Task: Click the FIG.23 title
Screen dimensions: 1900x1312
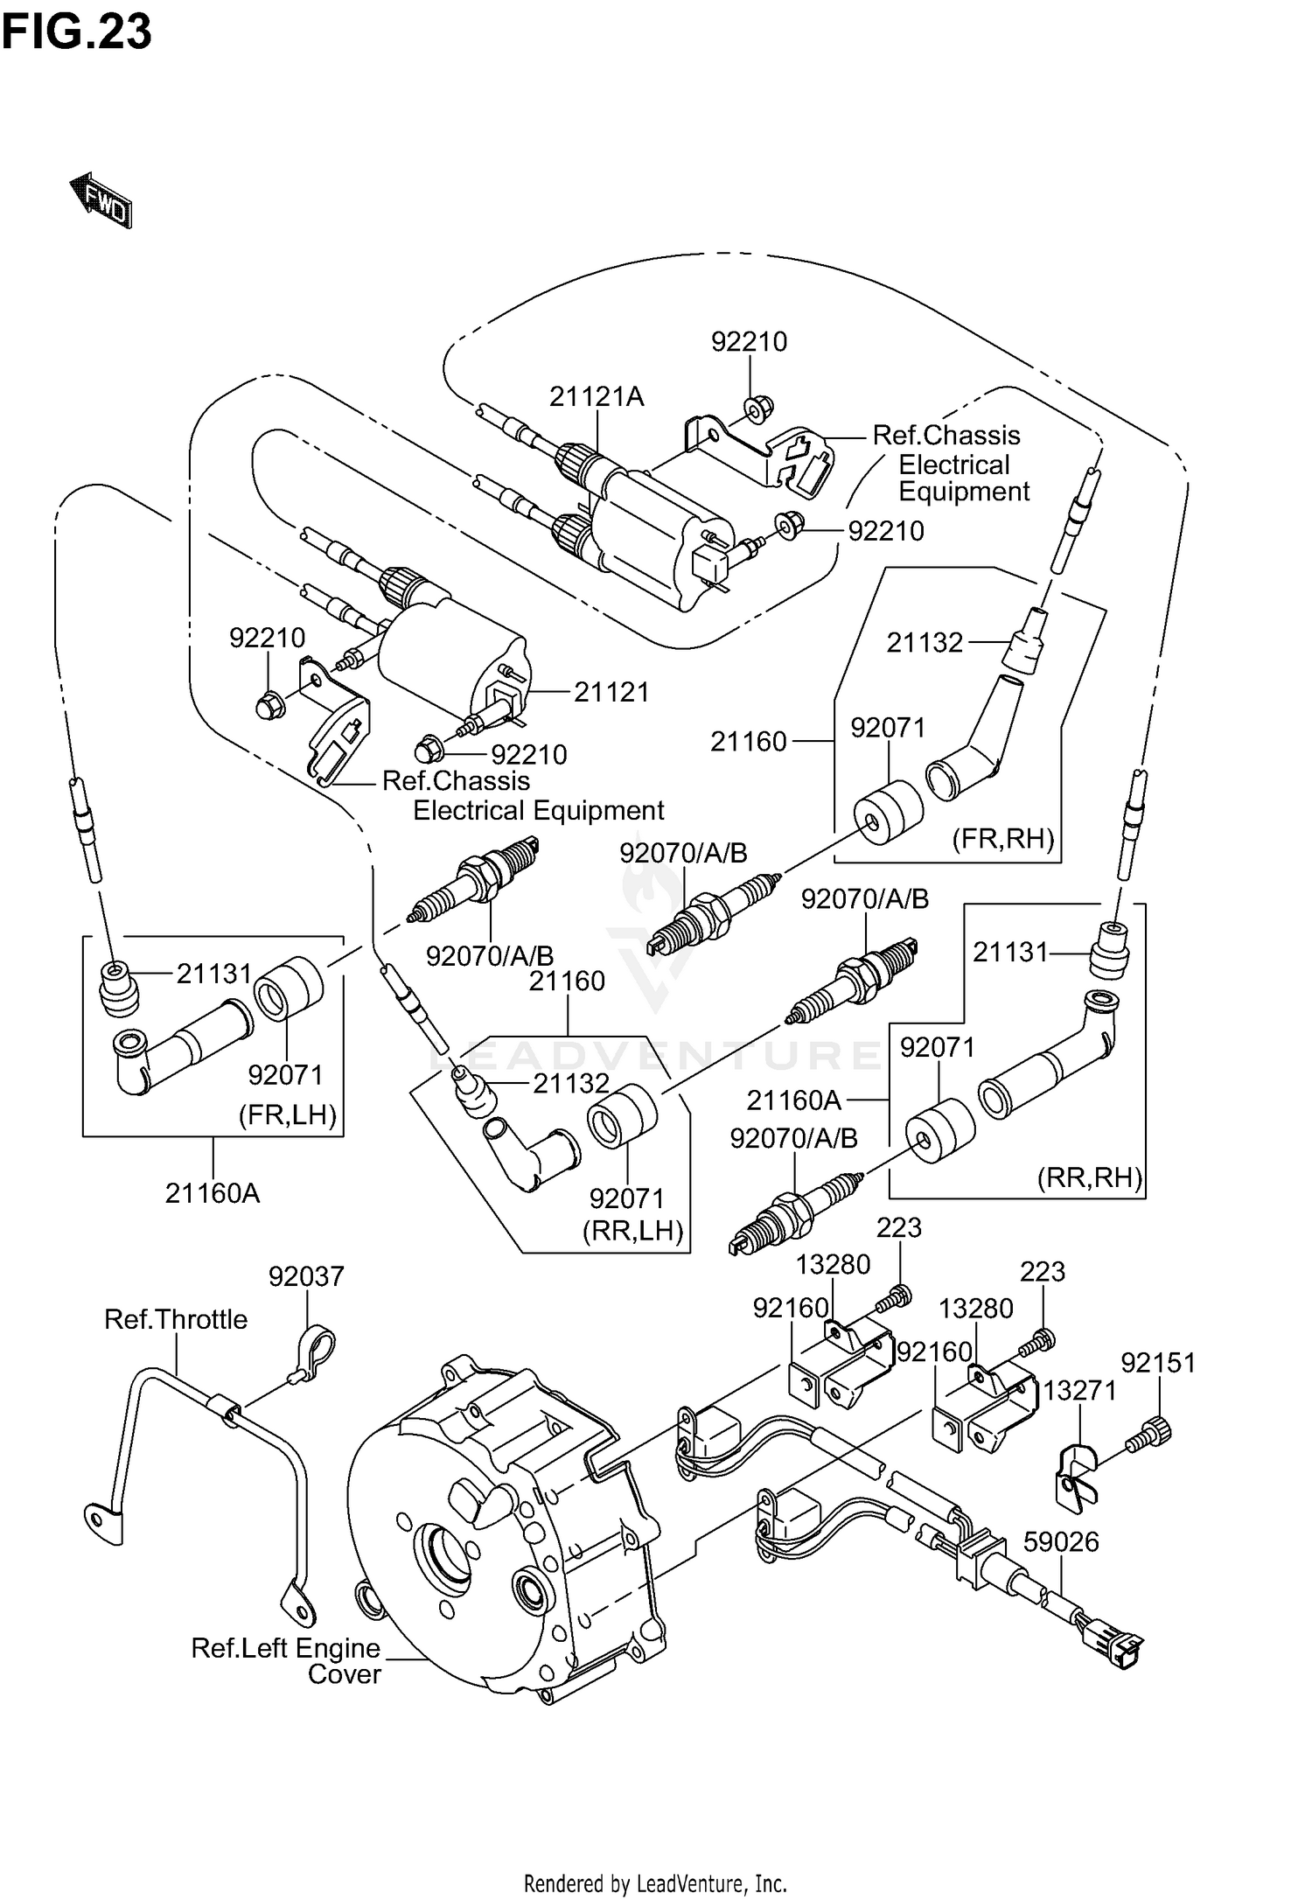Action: [x=76, y=32]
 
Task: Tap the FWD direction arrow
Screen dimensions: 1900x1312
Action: [x=101, y=201]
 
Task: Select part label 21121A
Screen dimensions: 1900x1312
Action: [x=597, y=397]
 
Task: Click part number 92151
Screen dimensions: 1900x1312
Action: [x=1158, y=1362]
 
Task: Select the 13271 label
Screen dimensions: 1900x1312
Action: [x=1080, y=1390]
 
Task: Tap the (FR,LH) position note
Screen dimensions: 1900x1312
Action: [x=288, y=1115]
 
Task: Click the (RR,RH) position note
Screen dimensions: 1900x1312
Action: [x=1090, y=1178]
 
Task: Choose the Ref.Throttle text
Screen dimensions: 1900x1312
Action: [x=176, y=1318]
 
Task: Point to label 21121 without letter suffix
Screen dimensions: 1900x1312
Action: [x=611, y=692]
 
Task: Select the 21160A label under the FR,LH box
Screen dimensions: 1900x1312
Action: [x=213, y=1192]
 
